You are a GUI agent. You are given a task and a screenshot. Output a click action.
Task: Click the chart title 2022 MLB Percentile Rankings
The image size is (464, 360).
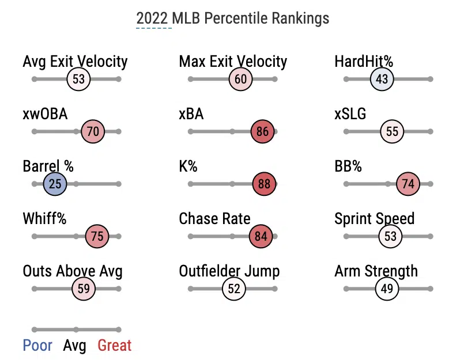click(232, 18)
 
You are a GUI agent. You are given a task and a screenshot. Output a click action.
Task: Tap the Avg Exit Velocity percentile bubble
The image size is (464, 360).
click(79, 79)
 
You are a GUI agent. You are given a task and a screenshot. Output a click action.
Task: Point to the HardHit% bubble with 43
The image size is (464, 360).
click(382, 79)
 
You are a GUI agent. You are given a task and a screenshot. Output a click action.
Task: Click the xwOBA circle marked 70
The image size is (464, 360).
click(93, 132)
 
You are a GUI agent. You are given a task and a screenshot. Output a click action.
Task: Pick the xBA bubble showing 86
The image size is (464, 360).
click(262, 132)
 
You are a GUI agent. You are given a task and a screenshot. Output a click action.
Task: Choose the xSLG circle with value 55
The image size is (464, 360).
click(392, 132)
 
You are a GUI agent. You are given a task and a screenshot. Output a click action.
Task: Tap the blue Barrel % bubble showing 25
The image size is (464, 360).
click(55, 184)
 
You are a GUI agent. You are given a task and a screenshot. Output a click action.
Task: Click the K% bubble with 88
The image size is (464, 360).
click(265, 184)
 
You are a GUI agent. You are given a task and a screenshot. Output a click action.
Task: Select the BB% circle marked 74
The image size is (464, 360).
click(408, 184)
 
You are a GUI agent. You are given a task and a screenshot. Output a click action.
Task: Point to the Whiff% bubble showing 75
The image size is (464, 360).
click(97, 236)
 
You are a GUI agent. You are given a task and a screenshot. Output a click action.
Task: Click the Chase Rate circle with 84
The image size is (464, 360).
click(261, 236)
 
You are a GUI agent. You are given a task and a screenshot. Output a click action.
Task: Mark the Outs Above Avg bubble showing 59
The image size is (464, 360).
click(84, 289)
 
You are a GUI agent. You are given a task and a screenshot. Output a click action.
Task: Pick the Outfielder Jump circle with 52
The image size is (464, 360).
click(233, 289)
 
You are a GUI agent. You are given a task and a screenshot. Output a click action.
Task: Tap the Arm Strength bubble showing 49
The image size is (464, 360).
click(387, 289)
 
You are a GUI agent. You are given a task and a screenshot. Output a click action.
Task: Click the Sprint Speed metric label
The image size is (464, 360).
click(374, 219)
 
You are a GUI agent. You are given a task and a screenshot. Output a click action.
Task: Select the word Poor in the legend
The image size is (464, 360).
click(37, 346)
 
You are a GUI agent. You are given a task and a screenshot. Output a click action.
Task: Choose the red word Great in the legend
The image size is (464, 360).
click(114, 346)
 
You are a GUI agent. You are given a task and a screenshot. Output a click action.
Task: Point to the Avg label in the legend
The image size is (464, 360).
click(74, 346)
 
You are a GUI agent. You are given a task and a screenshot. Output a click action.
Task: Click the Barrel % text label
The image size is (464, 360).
click(48, 167)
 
